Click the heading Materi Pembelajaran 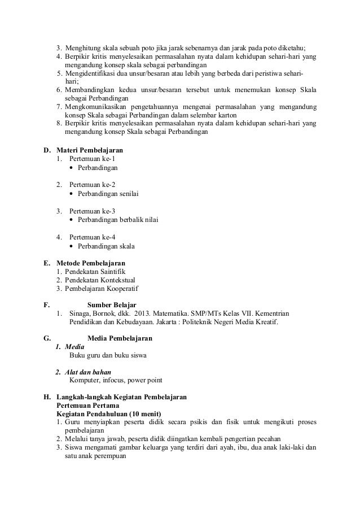pos(90,151)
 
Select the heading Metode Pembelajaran pos(91,263)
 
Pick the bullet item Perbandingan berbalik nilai pos(117,220)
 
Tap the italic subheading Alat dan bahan pos(88,372)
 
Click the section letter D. pos(47,151)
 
